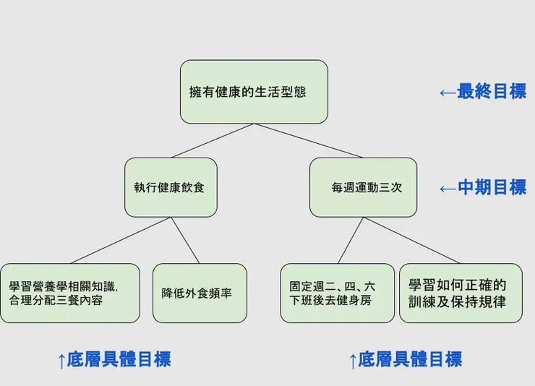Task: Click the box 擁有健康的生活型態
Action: tap(254, 92)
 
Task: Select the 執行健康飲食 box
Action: tap(171, 187)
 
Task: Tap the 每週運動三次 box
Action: tap(363, 187)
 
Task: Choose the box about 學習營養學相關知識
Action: tap(69, 293)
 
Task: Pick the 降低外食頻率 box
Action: tap(200, 293)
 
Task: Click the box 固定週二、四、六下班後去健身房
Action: tap(337, 293)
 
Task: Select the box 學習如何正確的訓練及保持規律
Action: tap(461, 293)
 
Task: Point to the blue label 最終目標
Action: tap(492, 92)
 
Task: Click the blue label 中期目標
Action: tap(492, 188)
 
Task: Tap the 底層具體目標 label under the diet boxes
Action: tap(119, 359)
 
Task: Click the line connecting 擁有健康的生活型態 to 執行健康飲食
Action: tap(213, 141)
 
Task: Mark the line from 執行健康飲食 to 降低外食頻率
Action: tap(185, 240)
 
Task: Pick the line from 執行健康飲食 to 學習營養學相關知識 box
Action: tap(121, 240)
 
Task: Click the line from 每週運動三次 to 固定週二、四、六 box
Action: tap(351, 240)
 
